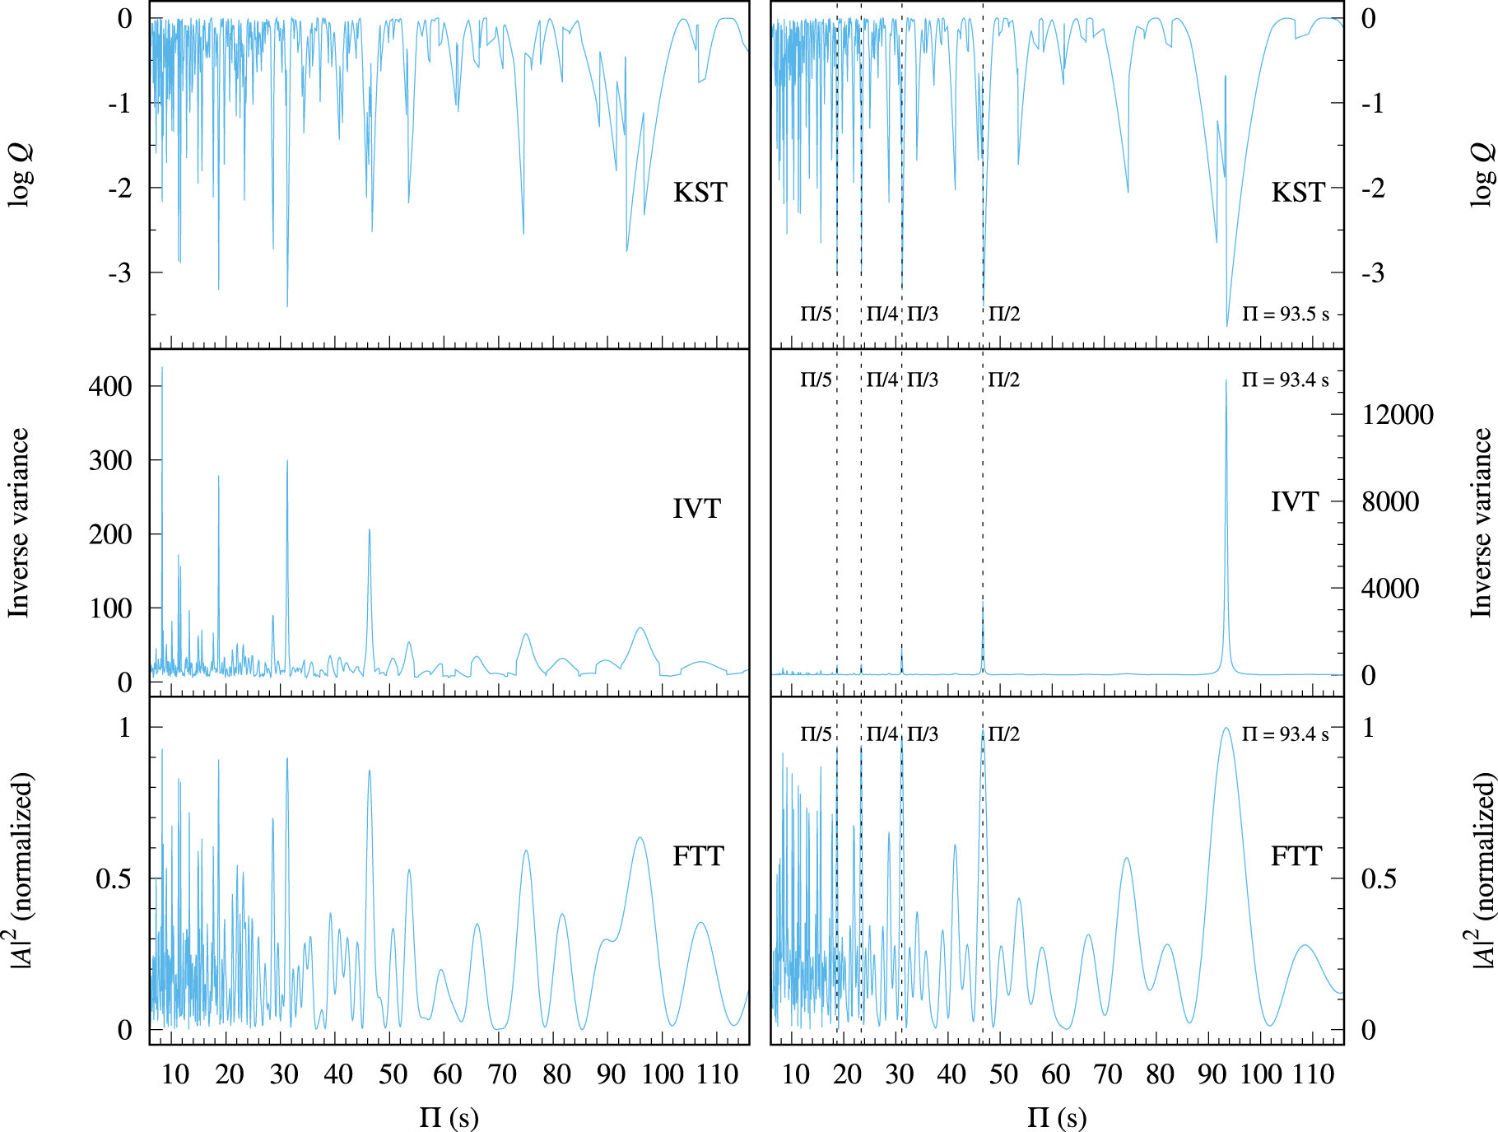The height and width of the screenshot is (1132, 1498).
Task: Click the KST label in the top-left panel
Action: pos(700,193)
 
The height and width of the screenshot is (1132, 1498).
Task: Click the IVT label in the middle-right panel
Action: pos(1295,502)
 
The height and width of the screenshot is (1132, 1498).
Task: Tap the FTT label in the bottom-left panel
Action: pos(697,857)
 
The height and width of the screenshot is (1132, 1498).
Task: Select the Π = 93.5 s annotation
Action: pos(1285,314)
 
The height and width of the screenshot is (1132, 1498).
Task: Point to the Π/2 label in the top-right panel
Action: pos(1003,314)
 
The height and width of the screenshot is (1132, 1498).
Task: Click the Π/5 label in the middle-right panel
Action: pos(816,380)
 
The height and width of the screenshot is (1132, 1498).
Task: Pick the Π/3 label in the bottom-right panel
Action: pos(923,734)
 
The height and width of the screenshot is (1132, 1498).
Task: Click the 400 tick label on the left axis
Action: pos(109,386)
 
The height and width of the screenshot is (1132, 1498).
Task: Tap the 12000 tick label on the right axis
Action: pos(1398,415)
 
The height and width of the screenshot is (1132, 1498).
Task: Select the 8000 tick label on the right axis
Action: pos(1390,502)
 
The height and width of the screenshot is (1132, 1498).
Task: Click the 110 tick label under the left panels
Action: pos(717,1074)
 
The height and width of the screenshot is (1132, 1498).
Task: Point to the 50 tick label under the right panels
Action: pos(1003,1074)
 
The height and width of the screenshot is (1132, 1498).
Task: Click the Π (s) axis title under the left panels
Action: pos(449,1117)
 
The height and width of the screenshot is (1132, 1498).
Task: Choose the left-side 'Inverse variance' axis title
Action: pos(18,523)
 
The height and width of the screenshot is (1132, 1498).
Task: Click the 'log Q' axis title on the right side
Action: pos(1481,175)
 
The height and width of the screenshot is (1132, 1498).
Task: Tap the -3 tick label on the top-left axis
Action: pos(119,273)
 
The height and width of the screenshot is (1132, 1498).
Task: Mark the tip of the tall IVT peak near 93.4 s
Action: pos(1226,380)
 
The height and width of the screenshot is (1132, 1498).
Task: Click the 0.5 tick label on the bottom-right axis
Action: pos(1378,879)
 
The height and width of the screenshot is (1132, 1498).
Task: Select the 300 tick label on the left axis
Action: pos(109,461)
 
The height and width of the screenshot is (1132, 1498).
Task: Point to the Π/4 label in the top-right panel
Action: pos(882,314)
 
